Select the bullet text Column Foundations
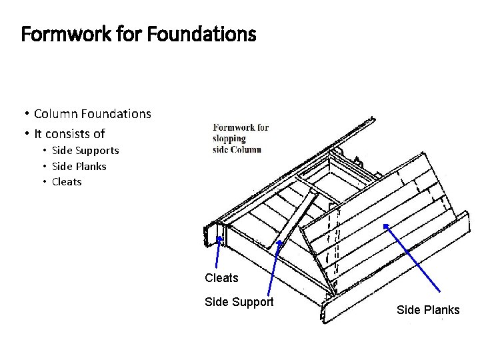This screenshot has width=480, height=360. (x=92, y=114)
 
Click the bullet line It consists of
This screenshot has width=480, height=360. (x=69, y=133)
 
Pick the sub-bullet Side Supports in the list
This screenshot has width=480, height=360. (x=85, y=151)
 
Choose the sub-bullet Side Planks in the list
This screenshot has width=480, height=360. (x=79, y=166)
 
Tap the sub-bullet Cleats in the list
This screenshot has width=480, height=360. (x=67, y=181)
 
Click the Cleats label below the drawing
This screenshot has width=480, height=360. (x=221, y=277)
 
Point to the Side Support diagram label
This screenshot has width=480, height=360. (x=239, y=302)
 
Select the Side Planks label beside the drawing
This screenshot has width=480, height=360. (x=428, y=310)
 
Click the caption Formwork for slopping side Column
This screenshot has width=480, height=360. (x=240, y=138)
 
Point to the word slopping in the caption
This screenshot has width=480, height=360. (x=229, y=139)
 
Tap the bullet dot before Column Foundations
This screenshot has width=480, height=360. (x=25, y=115)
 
